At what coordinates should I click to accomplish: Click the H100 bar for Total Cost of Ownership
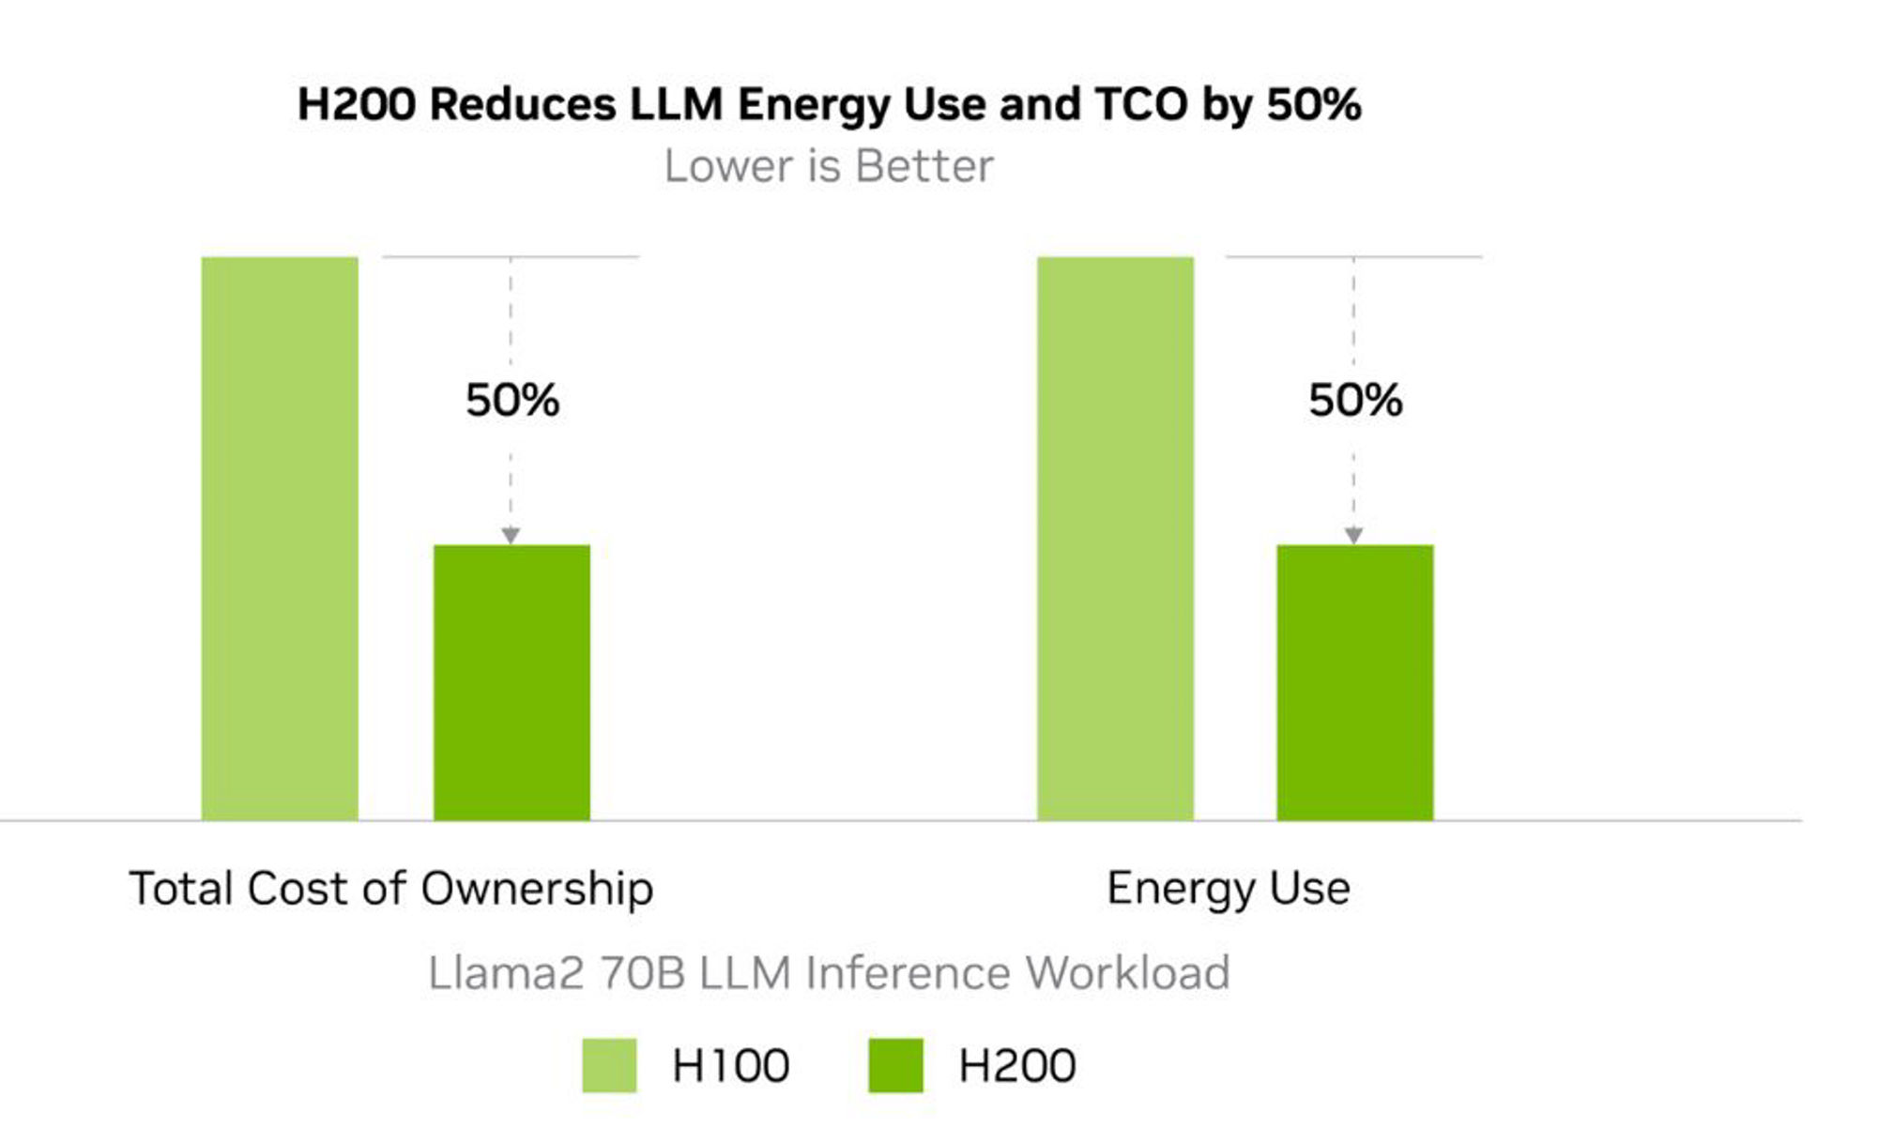coord(280,539)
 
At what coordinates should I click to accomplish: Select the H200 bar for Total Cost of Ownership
coord(511,682)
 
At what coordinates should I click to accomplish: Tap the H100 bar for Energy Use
coord(1115,539)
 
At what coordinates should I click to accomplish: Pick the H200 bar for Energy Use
coord(1354,682)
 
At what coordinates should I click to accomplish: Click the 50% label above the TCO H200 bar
coord(512,401)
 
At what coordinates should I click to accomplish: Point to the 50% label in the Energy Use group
coord(1355,401)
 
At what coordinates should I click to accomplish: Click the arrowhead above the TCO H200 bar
coord(511,535)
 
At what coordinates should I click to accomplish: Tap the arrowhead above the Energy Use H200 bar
coord(1353,535)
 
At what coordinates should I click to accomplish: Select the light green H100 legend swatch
coord(609,1065)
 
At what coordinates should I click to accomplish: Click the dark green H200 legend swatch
coord(895,1065)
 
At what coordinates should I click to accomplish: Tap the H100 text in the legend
coord(730,1066)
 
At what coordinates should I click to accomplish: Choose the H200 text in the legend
coord(1016,1066)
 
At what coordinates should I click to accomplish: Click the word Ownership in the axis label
coord(537,889)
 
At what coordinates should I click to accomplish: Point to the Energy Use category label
coord(1228,888)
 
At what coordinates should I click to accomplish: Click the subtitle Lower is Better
coord(828,167)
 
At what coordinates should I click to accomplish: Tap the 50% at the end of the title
coord(1313,104)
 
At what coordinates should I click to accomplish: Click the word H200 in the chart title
coord(356,104)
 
